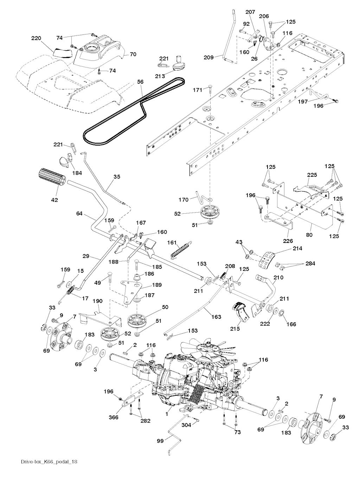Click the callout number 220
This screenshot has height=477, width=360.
36,38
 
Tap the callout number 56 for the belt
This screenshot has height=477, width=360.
140,82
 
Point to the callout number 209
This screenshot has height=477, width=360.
208,57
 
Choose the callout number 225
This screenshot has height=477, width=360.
312,175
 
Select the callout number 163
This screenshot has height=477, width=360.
217,317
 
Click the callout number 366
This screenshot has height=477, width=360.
114,418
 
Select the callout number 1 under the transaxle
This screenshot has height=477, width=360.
167,414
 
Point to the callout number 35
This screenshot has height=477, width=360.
117,177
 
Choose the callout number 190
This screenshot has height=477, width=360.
97,301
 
